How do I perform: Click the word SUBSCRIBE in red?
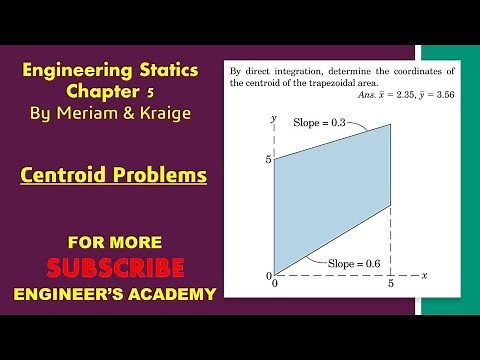pyautogui.click(x=116, y=268)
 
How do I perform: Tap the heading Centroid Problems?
pyautogui.click(x=114, y=175)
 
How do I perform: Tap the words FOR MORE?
pyautogui.click(x=115, y=242)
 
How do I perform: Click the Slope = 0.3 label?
pyautogui.click(x=318, y=122)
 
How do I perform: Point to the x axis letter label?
pyautogui.click(x=425, y=273)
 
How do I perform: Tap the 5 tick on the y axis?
pyautogui.click(x=266, y=159)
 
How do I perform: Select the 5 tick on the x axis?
pyautogui.click(x=391, y=285)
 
